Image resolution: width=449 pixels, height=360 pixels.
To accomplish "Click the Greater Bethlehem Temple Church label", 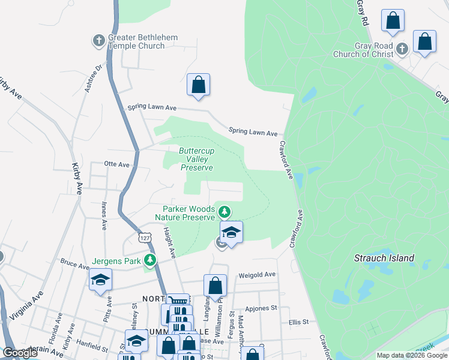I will [x=143, y=41].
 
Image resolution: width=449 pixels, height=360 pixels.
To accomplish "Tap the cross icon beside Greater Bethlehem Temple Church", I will [x=99, y=41].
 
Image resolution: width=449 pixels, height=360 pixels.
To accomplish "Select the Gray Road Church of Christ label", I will [x=364, y=50].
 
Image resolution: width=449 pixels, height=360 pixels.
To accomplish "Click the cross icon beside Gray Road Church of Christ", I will [x=402, y=48].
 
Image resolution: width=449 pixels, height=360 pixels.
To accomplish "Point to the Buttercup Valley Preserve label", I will [x=197, y=159].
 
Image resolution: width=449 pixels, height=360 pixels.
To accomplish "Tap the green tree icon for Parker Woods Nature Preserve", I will [x=224, y=211].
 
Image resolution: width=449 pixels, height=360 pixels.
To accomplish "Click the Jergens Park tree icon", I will [x=150, y=260].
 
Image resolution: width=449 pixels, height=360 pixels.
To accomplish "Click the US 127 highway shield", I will [x=144, y=238].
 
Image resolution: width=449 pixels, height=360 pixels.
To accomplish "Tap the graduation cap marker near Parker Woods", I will [x=231, y=232].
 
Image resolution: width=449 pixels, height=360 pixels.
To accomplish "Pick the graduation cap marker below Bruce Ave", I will [x=100, y=280].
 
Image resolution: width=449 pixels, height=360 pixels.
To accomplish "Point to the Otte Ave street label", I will [x=116, y=164].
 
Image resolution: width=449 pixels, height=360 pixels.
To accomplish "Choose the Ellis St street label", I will [x=298, y=322].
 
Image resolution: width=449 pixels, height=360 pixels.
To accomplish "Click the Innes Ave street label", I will [x=104, y=216].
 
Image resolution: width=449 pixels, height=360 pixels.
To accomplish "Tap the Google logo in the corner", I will [x=20, y=353].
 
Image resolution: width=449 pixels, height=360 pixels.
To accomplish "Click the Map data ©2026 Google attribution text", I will [x=411, y=355].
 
